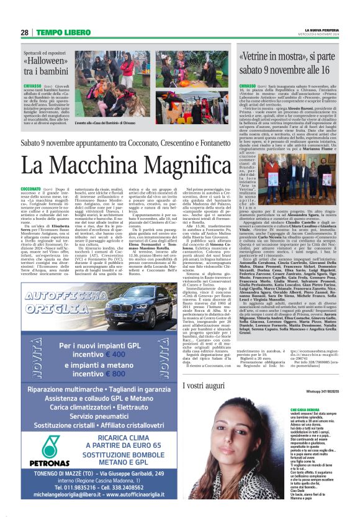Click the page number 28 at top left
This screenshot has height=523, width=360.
coord(25,32)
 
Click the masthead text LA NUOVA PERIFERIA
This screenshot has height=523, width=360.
coord(322,30)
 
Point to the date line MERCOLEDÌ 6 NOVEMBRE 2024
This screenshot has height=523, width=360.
coord(322,35)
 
